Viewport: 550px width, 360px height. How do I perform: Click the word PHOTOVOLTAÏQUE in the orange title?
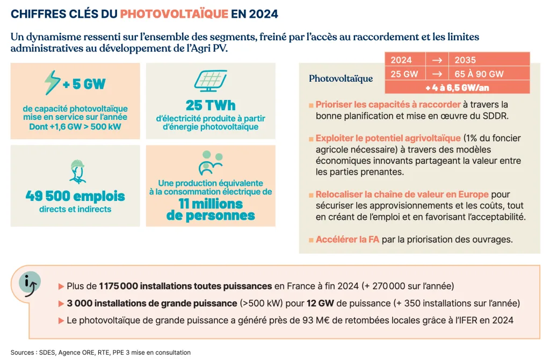(175, 13)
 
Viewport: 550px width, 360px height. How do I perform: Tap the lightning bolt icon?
(52, 82)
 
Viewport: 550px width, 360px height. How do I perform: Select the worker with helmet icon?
(75, 170)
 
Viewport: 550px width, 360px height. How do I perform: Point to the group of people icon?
(210, 162)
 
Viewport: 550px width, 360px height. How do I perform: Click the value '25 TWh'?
(211, 104)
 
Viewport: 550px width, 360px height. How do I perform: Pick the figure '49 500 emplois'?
(75, 196)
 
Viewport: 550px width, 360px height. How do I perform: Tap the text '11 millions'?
(211, 204)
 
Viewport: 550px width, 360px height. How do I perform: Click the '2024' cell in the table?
(401, 60)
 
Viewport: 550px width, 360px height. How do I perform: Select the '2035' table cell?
(465, 60)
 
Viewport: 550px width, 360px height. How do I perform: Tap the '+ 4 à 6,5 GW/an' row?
(457, 87)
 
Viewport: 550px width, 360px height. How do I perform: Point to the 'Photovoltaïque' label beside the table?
(341, 79)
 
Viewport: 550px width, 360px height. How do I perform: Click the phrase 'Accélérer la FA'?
(348, 239)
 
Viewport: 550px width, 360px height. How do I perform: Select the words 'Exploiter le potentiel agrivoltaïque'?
(388, 138)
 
